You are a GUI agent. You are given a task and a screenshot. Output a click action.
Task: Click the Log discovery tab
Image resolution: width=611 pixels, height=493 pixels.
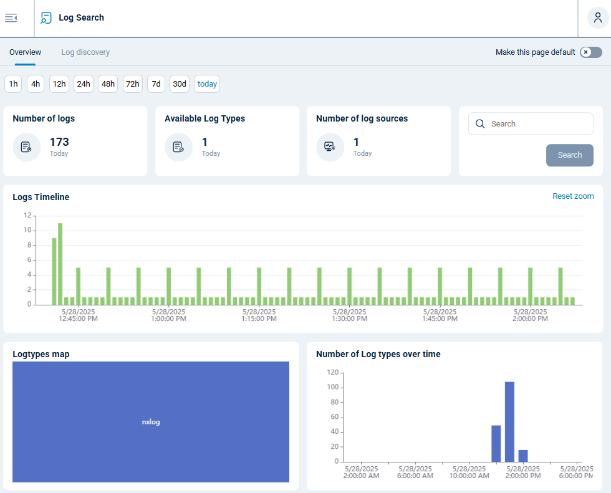85,52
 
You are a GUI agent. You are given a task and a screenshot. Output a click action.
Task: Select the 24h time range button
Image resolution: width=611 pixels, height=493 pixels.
84,84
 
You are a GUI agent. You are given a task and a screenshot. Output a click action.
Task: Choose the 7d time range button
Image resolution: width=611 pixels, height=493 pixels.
156,84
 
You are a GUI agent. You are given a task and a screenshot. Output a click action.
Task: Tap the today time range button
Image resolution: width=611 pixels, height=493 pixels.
207,84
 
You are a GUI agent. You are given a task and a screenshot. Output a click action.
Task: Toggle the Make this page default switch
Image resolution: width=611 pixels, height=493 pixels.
590,52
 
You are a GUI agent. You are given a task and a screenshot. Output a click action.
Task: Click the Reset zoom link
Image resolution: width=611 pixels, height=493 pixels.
573,196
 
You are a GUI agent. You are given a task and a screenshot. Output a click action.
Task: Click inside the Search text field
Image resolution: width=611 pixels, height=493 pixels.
536,124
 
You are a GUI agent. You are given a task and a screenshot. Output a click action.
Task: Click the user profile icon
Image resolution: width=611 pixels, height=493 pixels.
598,18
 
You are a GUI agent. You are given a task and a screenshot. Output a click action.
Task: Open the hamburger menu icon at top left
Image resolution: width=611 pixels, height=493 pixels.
11,18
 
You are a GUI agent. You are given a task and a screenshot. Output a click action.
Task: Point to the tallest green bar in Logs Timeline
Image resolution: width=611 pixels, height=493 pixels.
60,263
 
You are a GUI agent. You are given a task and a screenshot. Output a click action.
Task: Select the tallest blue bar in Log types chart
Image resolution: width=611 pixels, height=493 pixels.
509,421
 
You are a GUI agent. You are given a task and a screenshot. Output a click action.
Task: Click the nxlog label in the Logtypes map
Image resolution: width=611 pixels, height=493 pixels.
151,422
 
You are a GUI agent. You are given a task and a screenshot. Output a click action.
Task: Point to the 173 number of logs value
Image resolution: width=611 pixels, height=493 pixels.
59,142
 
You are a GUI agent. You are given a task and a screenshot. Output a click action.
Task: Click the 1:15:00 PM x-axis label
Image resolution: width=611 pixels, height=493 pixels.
259,315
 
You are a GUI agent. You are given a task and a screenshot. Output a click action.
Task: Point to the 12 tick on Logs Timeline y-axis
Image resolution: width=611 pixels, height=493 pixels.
27,215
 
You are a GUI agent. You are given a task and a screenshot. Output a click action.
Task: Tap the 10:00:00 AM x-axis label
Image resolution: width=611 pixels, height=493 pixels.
469,472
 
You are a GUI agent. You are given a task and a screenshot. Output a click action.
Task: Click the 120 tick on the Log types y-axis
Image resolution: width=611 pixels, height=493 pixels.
332,373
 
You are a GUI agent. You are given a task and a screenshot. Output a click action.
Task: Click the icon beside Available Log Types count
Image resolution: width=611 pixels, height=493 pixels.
178,147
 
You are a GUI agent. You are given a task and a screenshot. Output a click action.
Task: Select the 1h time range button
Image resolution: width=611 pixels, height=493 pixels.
13,84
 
